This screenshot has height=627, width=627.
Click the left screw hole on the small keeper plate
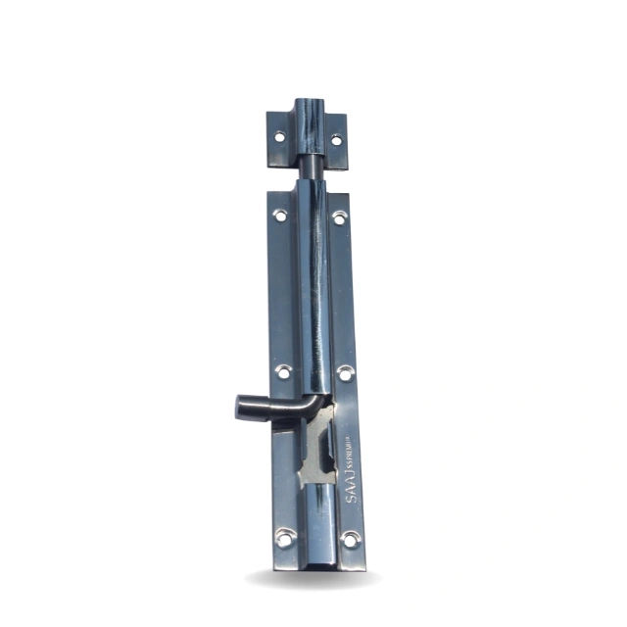[279, 137]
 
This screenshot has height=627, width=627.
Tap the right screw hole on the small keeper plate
[336, 140]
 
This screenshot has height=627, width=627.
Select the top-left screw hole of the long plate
[280, 215]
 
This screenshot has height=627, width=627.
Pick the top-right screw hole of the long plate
[338, 217]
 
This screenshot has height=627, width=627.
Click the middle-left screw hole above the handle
[283, 371]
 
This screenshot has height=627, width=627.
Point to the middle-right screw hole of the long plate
[345, 373]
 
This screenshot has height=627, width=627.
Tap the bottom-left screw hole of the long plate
[285, 536]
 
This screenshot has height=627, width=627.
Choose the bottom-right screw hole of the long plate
[350, 539]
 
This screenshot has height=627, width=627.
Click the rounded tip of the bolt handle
[242, 406]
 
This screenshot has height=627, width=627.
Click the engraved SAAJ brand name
[353, 487]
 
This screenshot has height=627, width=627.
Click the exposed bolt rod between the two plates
[311, 169]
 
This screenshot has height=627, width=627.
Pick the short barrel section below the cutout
[319, 519]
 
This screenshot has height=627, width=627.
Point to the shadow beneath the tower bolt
[313, 580]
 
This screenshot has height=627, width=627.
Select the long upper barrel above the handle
[314, 294]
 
